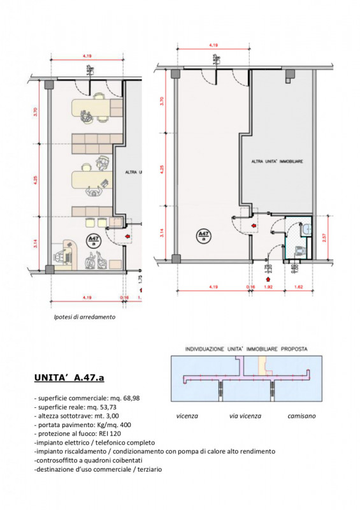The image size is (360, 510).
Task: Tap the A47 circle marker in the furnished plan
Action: point(93,241)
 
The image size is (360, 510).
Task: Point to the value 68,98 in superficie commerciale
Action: point(136,398)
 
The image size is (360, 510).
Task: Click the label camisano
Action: point(301,416)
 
